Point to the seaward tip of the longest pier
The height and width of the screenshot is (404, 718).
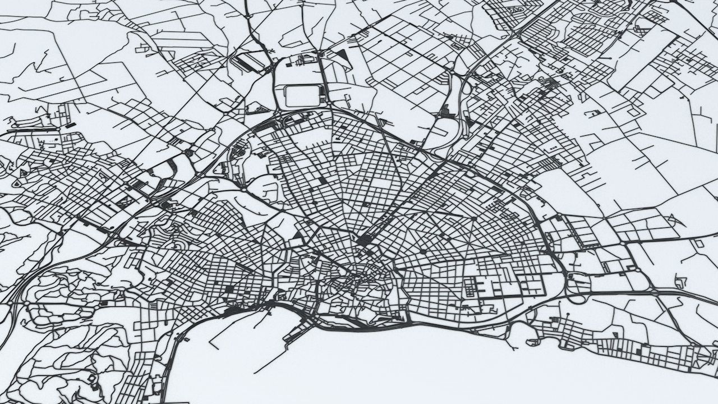(255, 373)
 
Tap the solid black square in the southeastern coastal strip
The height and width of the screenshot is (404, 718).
(640, 351)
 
